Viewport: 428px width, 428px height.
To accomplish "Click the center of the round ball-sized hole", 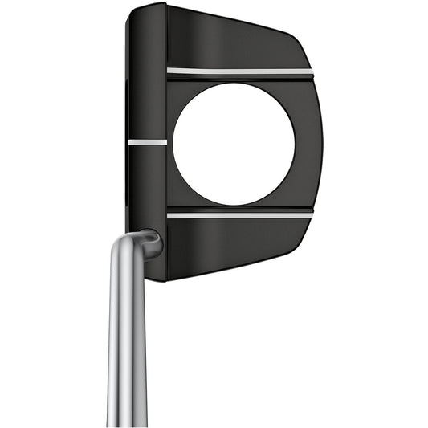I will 234,143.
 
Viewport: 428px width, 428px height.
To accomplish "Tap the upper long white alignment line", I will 239,71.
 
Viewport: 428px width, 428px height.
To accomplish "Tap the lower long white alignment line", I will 239,214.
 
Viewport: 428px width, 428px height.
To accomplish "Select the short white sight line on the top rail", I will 147,142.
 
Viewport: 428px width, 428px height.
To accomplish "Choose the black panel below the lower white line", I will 233,245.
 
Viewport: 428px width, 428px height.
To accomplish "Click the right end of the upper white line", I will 311,72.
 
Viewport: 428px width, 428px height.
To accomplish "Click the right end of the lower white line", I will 311,214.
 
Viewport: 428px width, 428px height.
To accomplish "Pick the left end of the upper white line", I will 169,71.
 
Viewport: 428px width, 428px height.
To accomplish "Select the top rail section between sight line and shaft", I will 147,185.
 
